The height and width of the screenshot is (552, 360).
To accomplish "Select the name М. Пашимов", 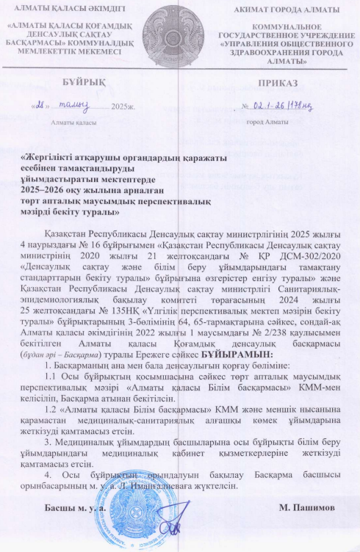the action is tap(308, 507).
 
